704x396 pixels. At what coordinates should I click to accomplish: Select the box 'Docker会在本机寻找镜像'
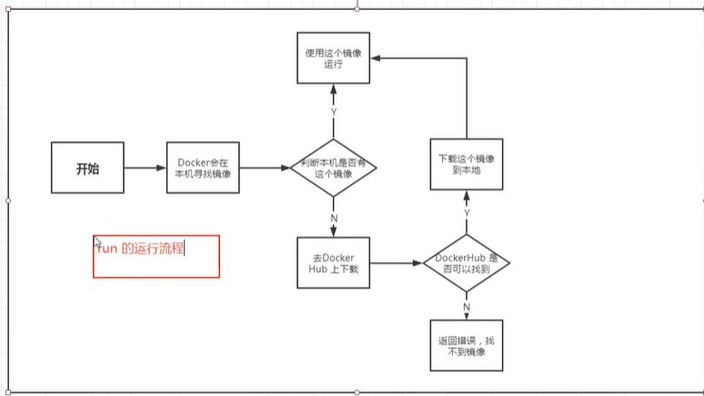point(203,168)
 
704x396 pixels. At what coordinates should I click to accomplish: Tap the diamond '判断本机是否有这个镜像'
point(334,168)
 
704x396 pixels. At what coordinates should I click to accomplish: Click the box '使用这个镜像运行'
point(333,59)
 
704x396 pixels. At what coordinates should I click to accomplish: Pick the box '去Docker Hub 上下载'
point(333,263)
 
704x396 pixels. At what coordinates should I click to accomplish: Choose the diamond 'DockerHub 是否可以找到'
point(466,263)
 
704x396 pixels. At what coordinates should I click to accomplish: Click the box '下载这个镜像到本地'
point(466,165)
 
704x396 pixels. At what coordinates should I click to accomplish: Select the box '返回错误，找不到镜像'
point(466,344)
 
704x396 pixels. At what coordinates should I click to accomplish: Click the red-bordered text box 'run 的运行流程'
point(156,256)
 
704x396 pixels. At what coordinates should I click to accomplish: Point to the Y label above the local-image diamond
point(334,111)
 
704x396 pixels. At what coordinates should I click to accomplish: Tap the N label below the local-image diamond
point(334,218)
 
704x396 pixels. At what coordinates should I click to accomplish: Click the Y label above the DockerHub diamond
point(467,212)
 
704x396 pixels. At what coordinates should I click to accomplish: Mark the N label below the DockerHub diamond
point(467,306)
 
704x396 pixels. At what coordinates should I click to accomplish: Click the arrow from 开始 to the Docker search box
point(144,168)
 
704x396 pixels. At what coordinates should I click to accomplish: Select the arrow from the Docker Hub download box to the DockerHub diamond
point(397,263)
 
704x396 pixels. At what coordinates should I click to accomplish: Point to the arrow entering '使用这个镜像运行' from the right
point(418,57)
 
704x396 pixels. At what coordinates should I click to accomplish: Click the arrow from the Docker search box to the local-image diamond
point(266,168)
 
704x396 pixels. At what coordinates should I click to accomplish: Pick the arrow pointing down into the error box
point(467,312)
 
